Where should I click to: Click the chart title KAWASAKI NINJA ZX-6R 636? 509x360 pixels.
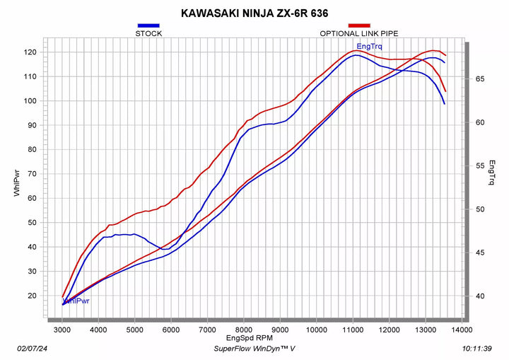(x=254, y=12)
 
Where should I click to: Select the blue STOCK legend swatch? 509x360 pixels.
(x=148, y=25)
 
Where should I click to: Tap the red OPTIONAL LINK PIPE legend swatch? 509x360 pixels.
(x=359, y=25)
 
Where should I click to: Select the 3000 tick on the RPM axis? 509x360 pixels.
(x=62, y=330)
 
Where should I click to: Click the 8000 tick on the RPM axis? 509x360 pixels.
(x=244, y=330)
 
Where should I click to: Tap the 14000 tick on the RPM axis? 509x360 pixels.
(x=462, y=330)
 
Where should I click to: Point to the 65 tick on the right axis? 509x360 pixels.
(x=479, y=79)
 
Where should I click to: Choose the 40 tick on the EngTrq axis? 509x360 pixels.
(x=479, y=296)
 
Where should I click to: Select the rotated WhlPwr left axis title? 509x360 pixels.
(x=16, y=181)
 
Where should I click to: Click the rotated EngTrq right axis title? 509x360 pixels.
(x=492, y=173)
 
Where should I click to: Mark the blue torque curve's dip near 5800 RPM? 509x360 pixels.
(x=164, y=249)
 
